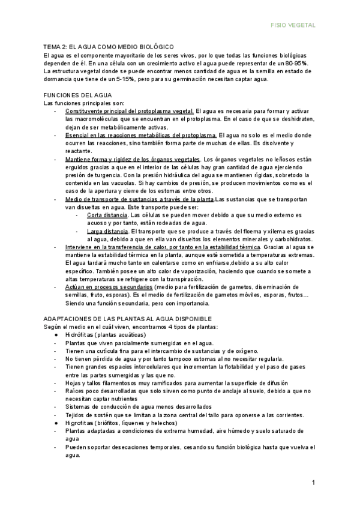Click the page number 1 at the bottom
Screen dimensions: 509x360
313,483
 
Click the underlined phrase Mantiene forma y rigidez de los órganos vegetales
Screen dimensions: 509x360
133,159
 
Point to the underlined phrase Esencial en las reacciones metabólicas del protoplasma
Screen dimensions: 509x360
141,136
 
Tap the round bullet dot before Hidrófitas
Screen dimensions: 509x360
56,334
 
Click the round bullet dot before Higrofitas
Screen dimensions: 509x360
56,423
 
